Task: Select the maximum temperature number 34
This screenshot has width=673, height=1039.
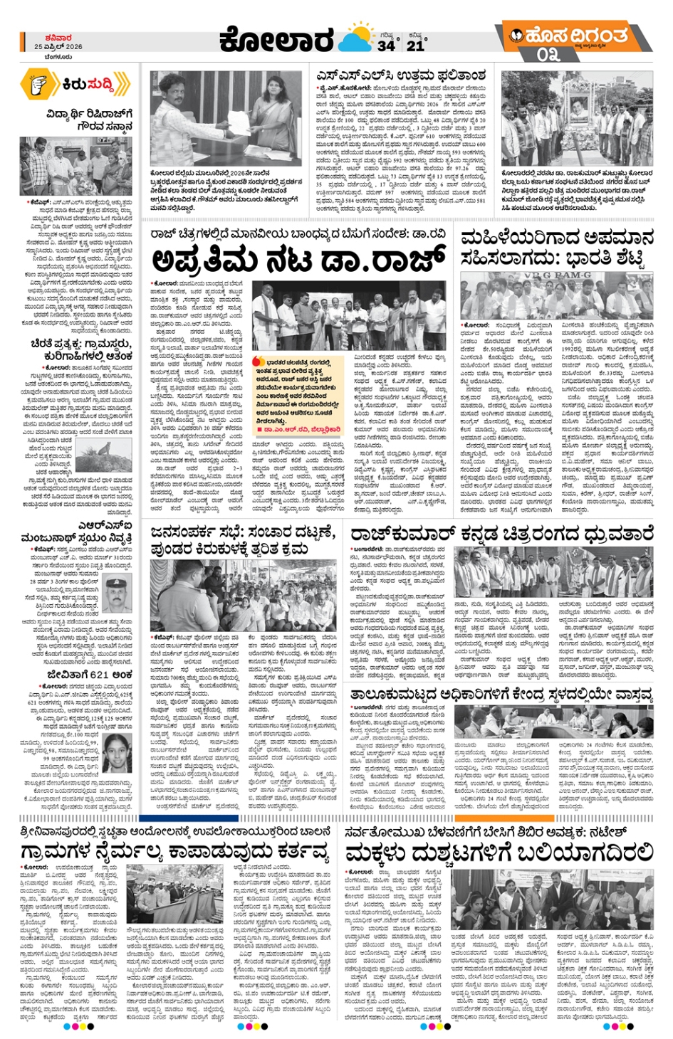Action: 386,45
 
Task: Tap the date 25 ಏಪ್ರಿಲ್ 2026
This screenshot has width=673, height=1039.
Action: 58,47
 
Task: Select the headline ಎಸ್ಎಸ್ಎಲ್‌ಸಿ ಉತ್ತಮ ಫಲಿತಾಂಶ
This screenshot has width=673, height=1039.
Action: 401,76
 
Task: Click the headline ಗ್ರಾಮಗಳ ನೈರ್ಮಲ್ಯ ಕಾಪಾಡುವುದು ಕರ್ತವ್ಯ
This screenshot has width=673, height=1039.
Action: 174,852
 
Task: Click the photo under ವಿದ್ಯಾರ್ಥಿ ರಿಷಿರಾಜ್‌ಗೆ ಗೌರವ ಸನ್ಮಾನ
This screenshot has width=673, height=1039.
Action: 75,167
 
